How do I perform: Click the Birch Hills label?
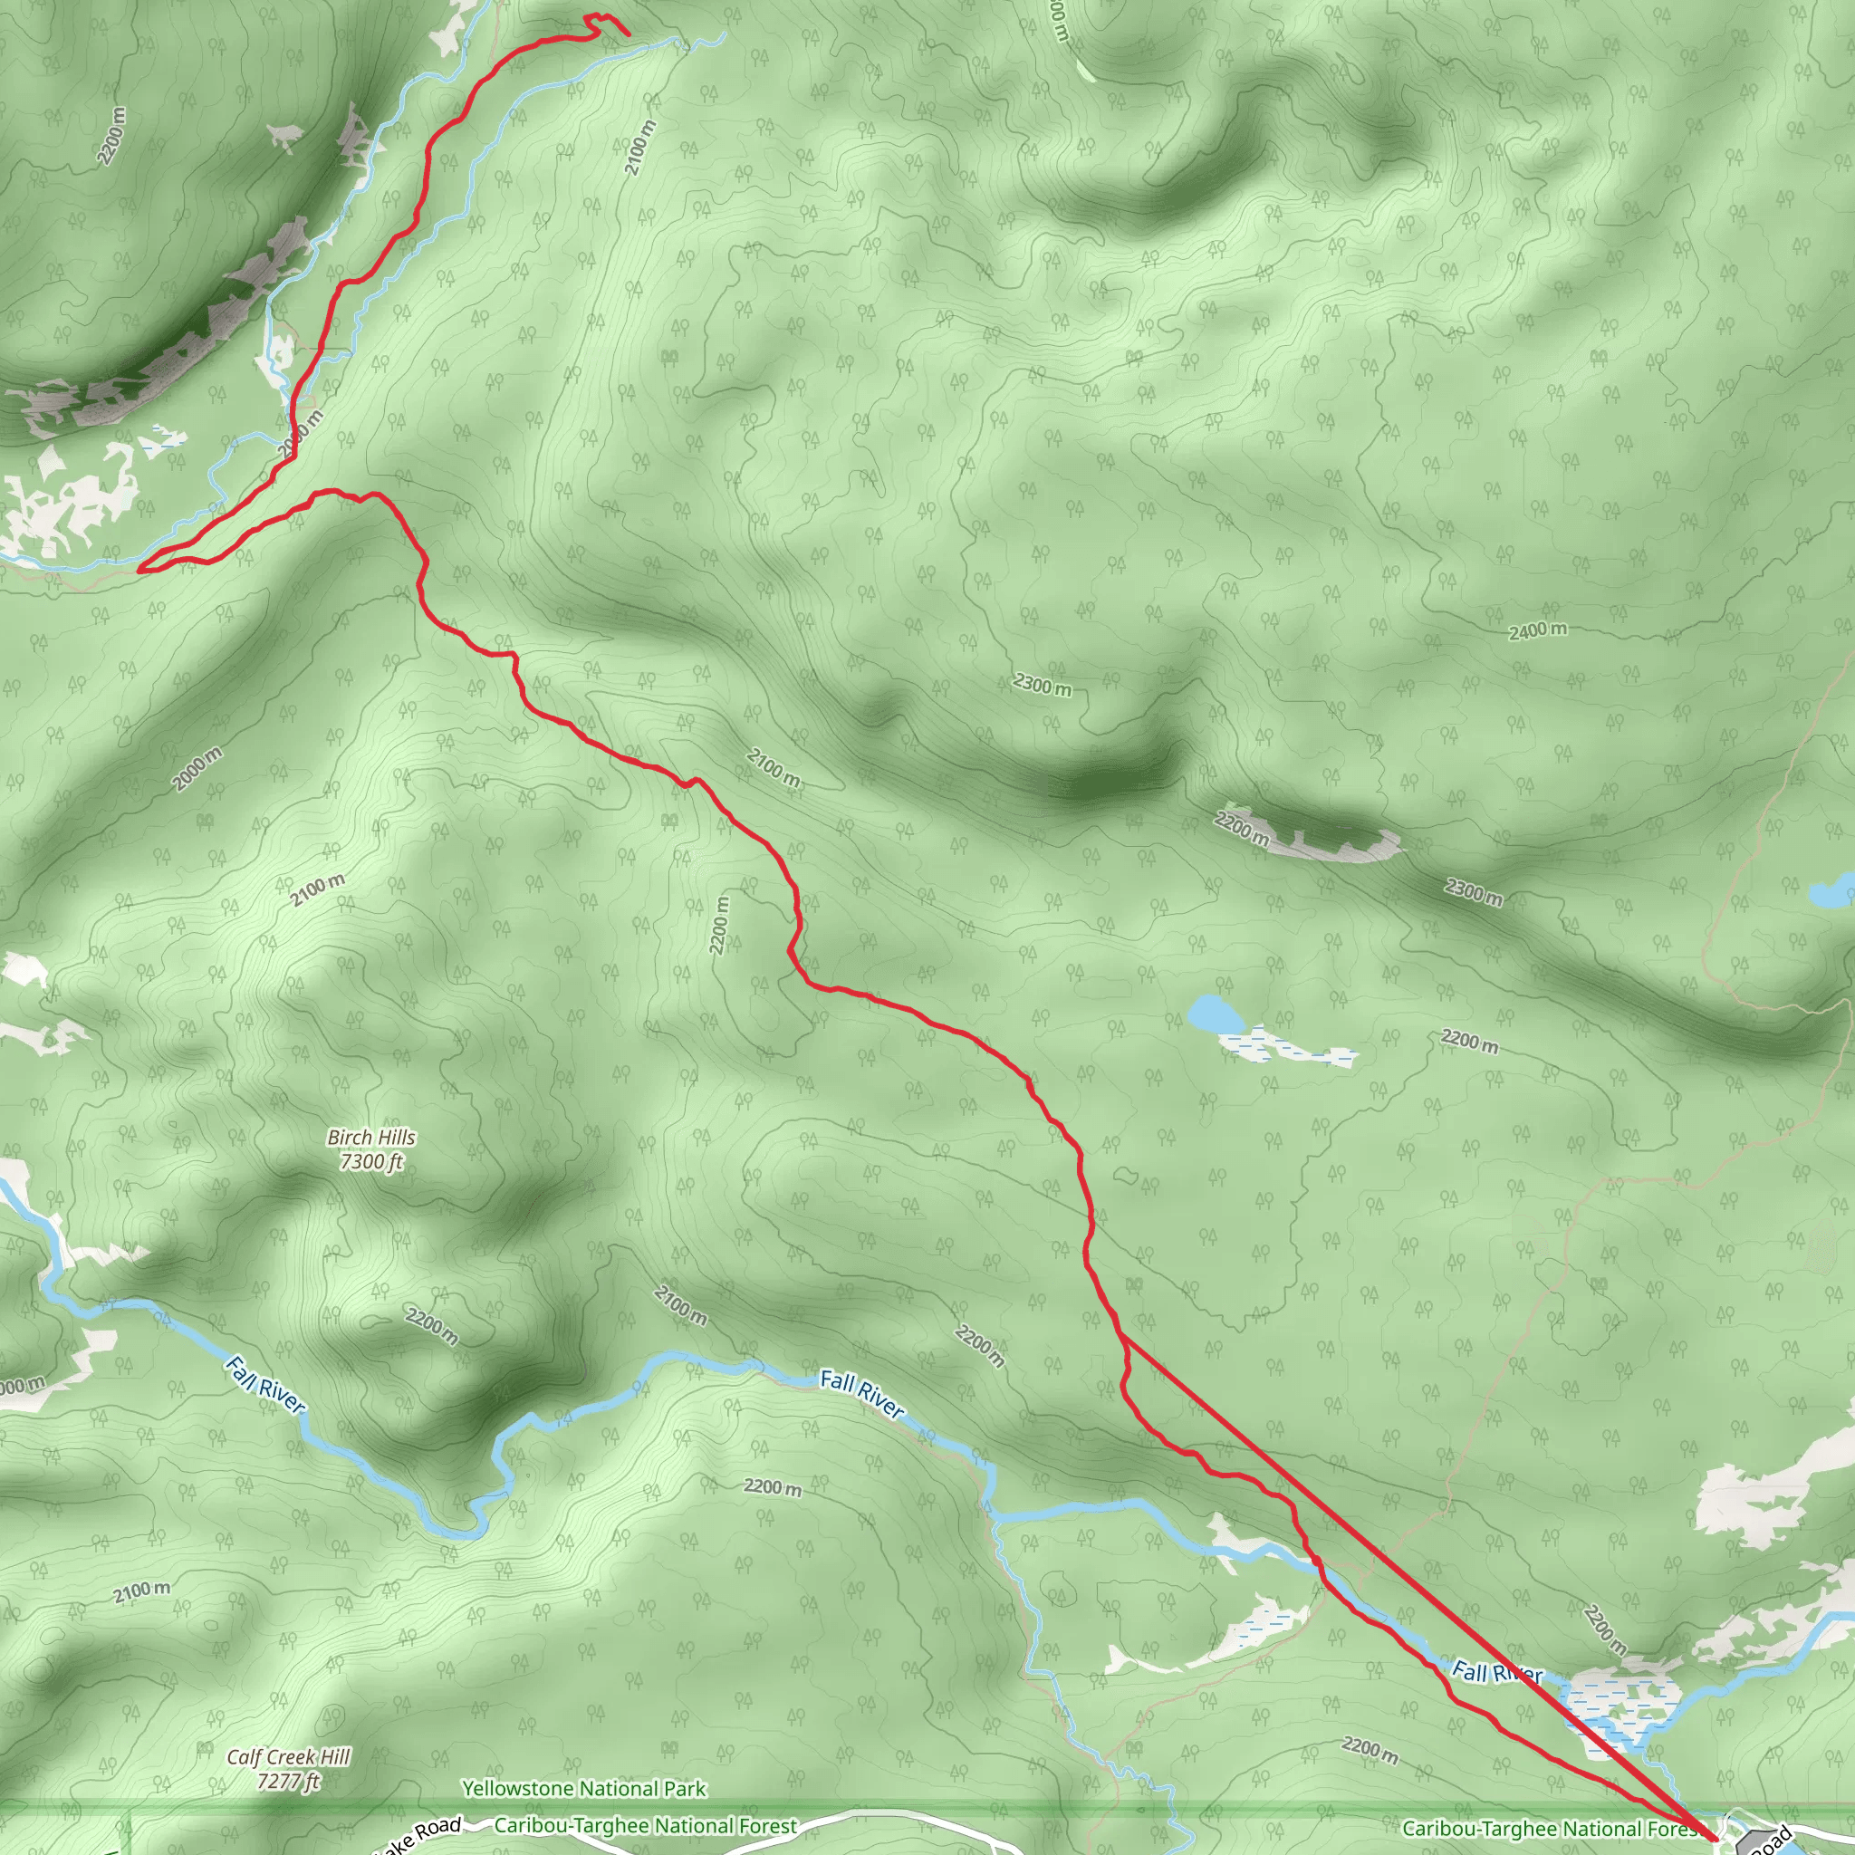[370, 1138]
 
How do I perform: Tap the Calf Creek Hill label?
[288, 1757]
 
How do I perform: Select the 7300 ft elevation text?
[370, 1162]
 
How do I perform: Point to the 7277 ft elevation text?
[288, 1782]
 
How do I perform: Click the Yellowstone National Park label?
[584, 1789]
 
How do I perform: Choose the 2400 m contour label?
[1537, 630]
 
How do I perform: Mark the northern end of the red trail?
[628, 34]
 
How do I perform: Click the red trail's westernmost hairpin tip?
[141, 570]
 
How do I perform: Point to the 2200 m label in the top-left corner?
[111, 134]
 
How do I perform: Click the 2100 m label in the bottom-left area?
[142, 1591]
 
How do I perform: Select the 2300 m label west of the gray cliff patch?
[1042, 686]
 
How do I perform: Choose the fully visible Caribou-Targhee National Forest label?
[645, 1825]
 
